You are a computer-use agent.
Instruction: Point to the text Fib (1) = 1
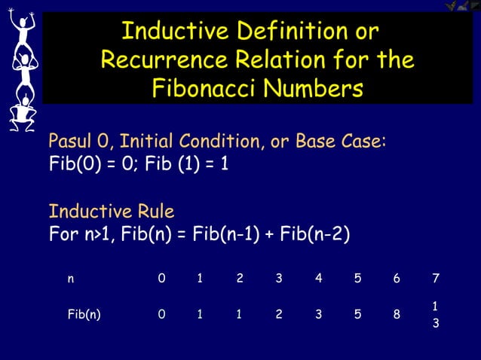183,164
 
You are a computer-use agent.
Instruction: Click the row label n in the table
71,279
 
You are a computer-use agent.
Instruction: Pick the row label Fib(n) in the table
83,316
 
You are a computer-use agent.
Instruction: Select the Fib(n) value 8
397,316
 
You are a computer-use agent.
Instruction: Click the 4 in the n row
318,279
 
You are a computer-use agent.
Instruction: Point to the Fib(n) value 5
357,316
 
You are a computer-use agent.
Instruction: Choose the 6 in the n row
397,279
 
